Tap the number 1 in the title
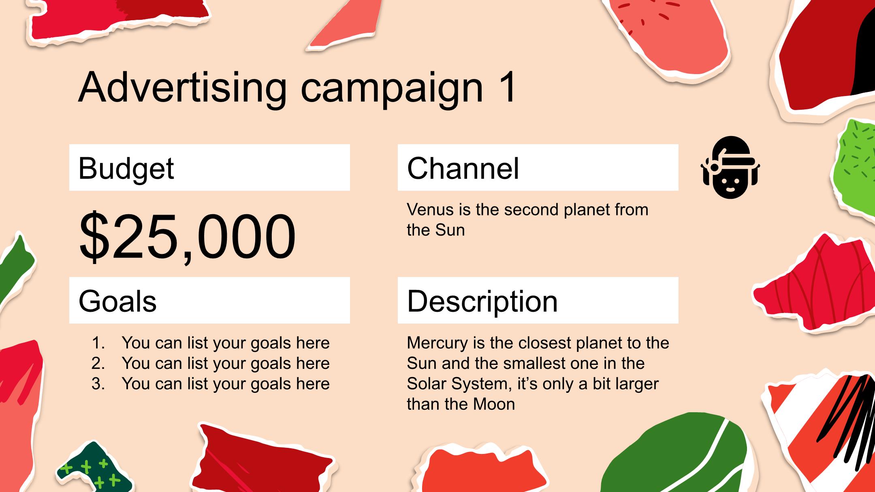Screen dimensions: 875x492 [506, 87]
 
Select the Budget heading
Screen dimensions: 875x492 [126, 168]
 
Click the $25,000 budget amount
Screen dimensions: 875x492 [187, 236]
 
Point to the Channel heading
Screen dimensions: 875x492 [463, 168]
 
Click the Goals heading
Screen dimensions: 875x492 [117, 301]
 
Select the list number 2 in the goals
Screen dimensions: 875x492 [98, 363]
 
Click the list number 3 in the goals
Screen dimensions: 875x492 [98, 383]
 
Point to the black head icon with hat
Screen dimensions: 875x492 [730, 167]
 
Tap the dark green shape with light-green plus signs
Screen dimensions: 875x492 [94, 469]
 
